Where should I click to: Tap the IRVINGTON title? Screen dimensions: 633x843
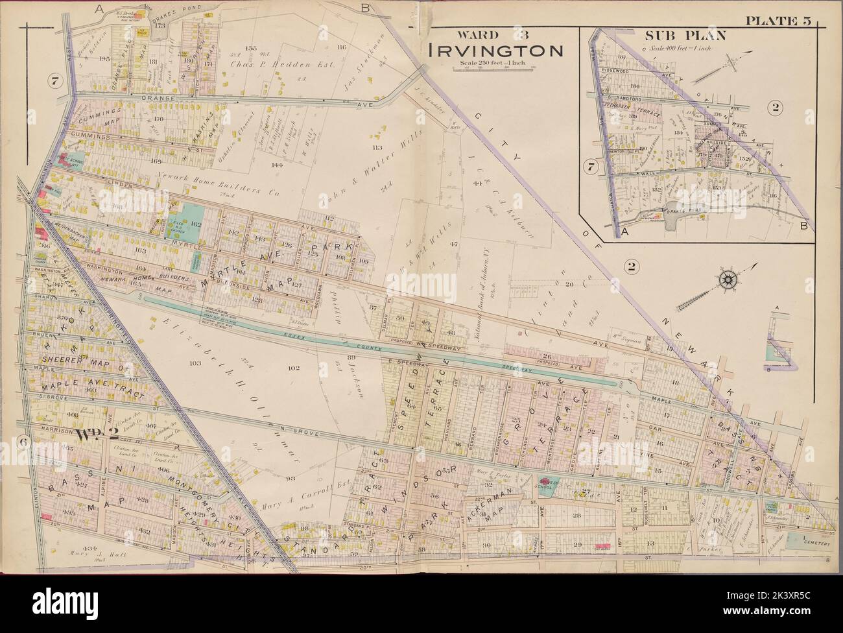(x=493, y=50)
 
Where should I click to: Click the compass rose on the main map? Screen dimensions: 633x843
(x=728, y=280)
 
